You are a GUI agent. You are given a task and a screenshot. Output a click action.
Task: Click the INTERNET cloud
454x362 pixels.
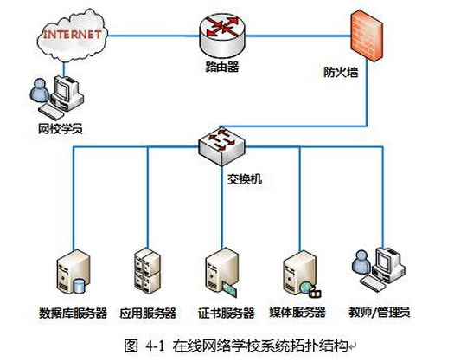(73, 36)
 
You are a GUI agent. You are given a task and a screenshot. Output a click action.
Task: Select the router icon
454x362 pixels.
(221, 36)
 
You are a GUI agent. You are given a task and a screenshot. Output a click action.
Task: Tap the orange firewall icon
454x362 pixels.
(367, 36)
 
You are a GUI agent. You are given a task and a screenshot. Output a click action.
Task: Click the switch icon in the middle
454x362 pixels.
(221, 146)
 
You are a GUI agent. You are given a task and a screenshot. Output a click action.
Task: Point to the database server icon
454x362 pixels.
(74, 272)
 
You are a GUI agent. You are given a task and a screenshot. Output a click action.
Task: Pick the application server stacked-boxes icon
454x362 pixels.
(148, 270)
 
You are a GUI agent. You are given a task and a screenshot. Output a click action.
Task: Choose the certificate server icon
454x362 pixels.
(221, 272)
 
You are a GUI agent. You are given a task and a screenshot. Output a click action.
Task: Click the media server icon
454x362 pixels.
(301, 274)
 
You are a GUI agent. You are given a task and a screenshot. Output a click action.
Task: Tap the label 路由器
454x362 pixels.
(222, 67)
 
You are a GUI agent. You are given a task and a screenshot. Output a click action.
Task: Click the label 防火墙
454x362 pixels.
(341, 72)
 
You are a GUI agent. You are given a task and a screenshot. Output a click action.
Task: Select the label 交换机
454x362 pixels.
(245, 179)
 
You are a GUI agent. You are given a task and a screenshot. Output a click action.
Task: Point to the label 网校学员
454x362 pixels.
(61, 128)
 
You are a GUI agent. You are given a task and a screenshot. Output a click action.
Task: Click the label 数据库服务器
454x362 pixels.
(73, 313)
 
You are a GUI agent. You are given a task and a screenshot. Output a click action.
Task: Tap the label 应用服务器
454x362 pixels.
(148, 313)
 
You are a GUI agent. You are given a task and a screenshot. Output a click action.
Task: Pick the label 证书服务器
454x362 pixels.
(226, 313)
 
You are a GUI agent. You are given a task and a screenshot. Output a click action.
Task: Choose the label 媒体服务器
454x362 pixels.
(297, 312)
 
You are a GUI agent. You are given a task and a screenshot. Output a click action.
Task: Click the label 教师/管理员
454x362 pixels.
(380, 312)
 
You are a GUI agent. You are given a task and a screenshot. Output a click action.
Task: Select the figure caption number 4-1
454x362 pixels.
(155, 346)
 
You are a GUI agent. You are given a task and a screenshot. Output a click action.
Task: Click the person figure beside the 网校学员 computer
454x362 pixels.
(40, 90)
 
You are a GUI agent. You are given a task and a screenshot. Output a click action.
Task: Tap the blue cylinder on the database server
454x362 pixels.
(80, 286)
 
